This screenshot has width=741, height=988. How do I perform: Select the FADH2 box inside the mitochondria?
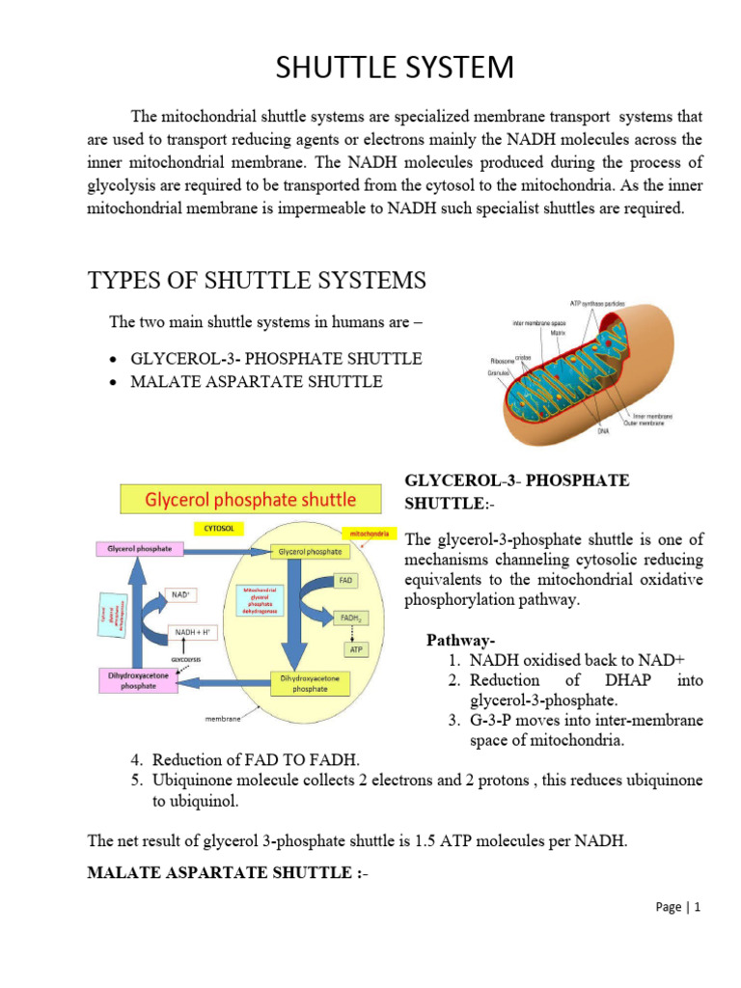click(x=347, y=617)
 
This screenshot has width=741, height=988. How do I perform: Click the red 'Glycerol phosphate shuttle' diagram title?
click(x=251, y=500)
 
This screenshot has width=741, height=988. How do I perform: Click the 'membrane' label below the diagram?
click(x=222, y=718)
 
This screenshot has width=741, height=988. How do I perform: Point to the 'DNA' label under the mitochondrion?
click(x=575, y=432)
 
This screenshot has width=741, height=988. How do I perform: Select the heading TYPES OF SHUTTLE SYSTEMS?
click(x=256, y=281)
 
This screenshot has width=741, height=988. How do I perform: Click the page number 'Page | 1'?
click(x=678, y=934)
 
